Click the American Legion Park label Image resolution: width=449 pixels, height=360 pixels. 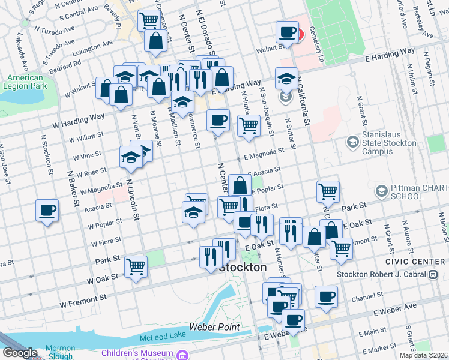(x=25, y=82)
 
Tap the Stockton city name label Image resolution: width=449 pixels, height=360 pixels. (x=243, y=268)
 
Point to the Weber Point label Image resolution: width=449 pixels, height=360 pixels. (x=214, y=327)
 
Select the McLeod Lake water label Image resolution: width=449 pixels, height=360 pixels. (x=161, y=339)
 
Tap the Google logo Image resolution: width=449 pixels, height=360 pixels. (x=20, y=353)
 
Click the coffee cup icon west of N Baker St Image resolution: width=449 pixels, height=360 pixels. (x=47, y=211)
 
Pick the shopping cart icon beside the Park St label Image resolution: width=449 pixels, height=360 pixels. (x=136, y=265)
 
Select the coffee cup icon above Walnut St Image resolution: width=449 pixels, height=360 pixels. (x=288, y=32)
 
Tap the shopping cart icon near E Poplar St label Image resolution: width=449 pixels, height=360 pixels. (x=328, y=191)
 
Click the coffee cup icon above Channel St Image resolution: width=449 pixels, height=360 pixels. (x=326, y=296)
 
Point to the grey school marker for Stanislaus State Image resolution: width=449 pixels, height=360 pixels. (x=352, y=142)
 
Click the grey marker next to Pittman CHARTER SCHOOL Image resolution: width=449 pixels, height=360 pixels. (x=380, y=191)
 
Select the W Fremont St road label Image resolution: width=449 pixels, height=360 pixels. (x=84, y=296)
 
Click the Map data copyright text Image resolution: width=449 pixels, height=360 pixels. (x=424, y=355)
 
